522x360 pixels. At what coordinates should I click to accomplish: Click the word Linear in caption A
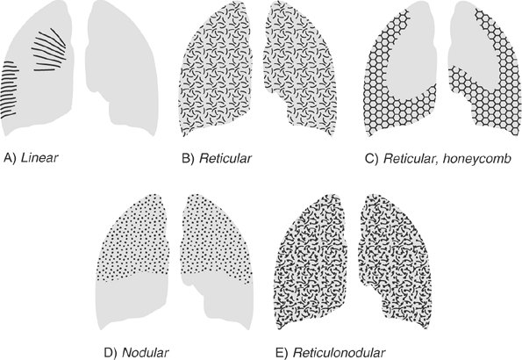tap(39, 157)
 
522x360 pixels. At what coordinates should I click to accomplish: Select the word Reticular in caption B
tap(225, 158)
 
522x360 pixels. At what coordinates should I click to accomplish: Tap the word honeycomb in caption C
tap(477, 158)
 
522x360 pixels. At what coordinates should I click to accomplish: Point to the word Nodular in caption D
tap(146, 352)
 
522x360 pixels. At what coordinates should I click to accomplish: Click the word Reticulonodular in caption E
tap(340, 352)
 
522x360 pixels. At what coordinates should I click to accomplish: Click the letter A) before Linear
tap(10, 158)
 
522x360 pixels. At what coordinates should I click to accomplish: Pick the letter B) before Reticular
tap(188, 158)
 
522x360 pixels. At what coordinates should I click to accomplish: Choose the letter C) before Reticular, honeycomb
tap(372, 158)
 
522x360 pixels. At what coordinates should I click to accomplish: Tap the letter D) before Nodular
tap(111, 353)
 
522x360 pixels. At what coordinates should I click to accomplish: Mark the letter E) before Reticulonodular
tap(283, 353)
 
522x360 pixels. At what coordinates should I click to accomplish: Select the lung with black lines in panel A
tap(37, 68)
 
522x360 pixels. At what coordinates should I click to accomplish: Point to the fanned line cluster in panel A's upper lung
tap(49, 50)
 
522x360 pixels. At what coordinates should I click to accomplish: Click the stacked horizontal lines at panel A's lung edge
tap(9, 90)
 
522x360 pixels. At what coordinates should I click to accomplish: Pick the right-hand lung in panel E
tap(395, 260)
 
